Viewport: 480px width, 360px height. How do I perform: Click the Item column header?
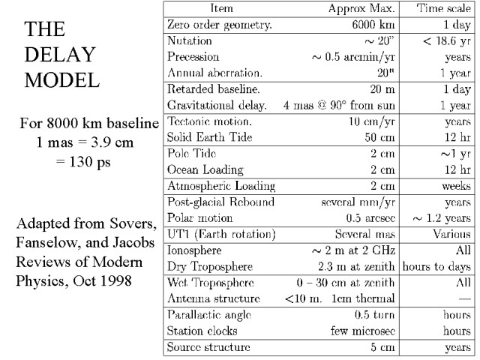tap(222, 9)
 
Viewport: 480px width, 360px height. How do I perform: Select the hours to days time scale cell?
tap(437, 265)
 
